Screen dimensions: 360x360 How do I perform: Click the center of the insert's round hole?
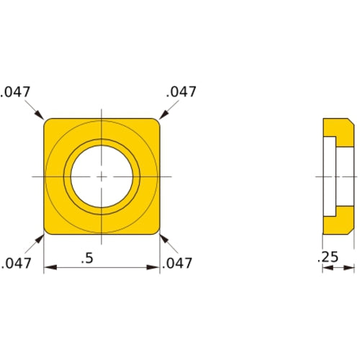[x=102, y=176]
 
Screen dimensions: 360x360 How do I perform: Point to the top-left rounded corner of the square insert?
[x=48, y=122]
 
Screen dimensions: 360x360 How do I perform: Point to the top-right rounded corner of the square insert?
[x=156, y=122]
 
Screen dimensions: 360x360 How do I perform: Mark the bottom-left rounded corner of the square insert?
[x=48, y=230]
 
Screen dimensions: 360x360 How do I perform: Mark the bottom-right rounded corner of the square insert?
[x=156, y=230]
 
